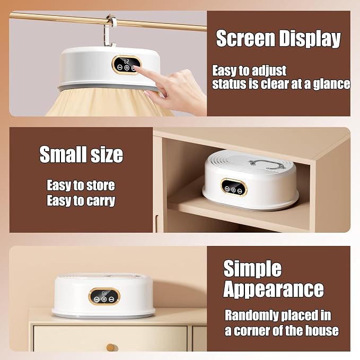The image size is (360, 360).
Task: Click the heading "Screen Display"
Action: coord(278,39)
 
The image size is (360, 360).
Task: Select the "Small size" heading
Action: coord(81,154)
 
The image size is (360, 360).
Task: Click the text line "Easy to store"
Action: coord(81,185)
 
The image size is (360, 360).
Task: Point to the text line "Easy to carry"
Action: coord(81,200)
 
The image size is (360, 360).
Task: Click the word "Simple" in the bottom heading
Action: coord(252,269)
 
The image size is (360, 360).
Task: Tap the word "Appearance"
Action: coord(274,289)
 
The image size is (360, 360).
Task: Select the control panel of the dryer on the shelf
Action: coord(234,187)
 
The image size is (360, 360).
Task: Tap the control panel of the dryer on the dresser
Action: coord(104,296)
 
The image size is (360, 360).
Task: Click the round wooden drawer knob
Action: coord(111,348)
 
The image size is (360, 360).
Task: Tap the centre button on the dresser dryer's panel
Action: coord(104,300)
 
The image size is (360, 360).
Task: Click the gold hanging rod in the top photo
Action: coord(108,21)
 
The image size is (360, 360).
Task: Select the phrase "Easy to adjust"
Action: coord(249,71)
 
